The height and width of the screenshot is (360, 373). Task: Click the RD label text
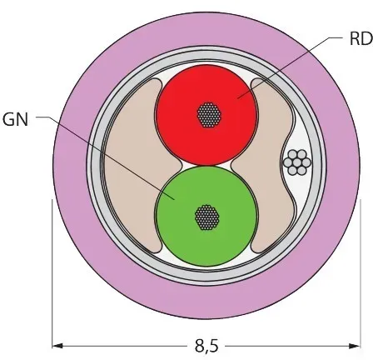tap(361, 38)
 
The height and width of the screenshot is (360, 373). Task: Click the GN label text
tap(15, 120)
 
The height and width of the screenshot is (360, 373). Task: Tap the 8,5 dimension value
tap(206, 347)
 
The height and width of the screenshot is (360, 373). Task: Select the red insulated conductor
tap(206, 115)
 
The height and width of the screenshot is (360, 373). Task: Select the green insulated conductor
tap(206, 216)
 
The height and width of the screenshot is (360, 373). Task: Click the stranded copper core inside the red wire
tap(209, 115)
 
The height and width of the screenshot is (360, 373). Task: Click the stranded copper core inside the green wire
tap(207, 217)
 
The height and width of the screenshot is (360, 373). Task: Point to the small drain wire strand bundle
tap(296, 162)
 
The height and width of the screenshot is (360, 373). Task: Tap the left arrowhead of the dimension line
tap(57, 346)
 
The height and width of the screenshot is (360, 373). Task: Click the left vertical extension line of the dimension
tap(52, 273)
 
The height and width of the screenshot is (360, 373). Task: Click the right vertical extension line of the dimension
tap(360, 273)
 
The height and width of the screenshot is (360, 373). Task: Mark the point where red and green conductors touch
tap(206, 166)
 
